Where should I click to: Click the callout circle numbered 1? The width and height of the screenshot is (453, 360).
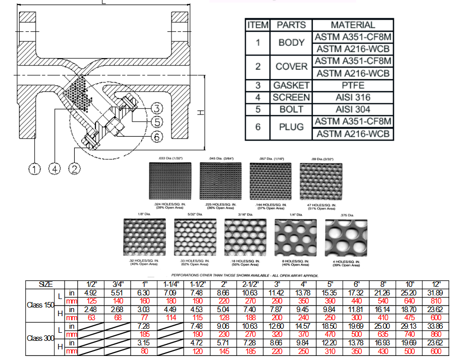34,169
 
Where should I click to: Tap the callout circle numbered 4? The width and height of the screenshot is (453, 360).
54,169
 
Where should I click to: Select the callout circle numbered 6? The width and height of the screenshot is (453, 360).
157,137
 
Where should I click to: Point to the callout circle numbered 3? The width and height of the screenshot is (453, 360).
157,108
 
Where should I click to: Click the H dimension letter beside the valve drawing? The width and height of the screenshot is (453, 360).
200,113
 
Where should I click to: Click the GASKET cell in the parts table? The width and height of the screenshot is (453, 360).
291,85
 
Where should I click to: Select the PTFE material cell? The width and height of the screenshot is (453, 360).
352,85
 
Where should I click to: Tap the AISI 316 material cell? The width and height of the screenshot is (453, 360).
352,97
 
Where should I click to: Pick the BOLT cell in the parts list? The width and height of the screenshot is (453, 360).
291,109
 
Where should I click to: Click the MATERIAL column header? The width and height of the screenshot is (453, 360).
352,25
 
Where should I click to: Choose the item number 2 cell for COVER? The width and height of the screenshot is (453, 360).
258,67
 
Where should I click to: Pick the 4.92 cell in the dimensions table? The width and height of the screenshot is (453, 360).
91,292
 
